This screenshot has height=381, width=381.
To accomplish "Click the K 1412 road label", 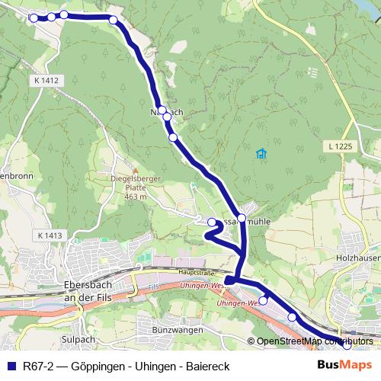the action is tap(46, 80).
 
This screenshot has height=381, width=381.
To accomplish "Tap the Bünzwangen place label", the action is tap(176, 329).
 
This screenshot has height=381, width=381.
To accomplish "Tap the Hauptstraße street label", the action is tap(194, 271).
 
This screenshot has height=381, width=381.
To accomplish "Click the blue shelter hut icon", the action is tap(262, 153).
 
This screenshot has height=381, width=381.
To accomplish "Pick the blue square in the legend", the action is tap(11, 367).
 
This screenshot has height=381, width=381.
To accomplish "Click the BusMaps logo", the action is tap(345, 366).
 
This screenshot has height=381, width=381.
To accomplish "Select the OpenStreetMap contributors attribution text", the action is tap(315, 341).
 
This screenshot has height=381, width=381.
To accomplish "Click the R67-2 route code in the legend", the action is tap(39, 367).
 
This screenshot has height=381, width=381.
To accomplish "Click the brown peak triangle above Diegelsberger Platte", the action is tap(136, 171).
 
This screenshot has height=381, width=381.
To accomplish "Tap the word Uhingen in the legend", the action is tap(152, 367).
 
